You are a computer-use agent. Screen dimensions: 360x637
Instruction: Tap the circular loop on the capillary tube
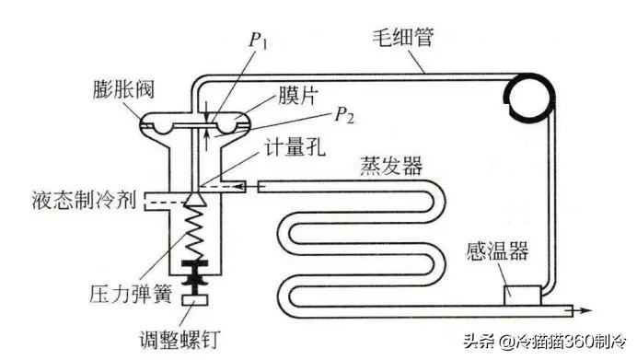pyautogui.click(x=522, y=94)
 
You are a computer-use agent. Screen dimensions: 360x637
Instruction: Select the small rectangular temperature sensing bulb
pyautogui.click(x=520, y=294)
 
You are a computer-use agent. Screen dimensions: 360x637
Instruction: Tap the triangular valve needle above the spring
pyautogui.click(x=196, y=197)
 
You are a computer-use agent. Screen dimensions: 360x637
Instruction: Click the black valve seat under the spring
pyautogui.click(x=196, y=273)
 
